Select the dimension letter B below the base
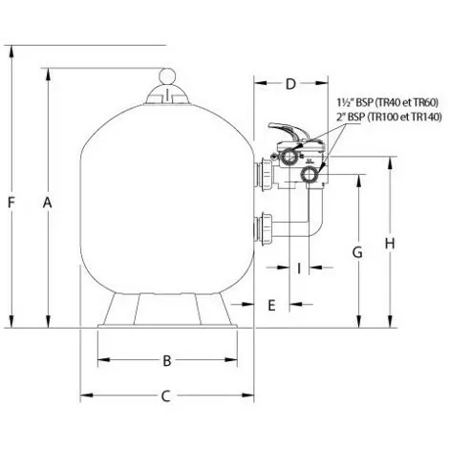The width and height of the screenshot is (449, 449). (x=166, y=360)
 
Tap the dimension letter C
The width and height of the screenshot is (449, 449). (x=166, y=395)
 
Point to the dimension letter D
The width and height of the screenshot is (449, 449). (x=290, y=84)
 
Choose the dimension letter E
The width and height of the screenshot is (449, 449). (x=272, y=305)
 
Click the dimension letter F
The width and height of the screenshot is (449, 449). (x=11, y=201)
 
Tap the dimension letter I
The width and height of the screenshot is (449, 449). (x=298, y=268)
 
